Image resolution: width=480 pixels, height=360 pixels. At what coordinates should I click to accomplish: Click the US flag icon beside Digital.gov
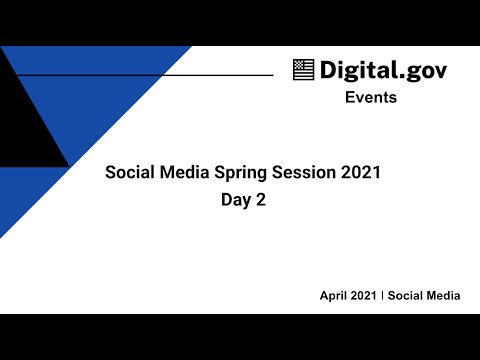coord(304,70)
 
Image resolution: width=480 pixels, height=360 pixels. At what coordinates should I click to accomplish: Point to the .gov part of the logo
coord(420,71)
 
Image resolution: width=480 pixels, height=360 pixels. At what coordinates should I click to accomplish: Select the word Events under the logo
coord(371,98)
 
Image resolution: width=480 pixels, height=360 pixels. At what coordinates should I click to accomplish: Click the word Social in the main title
coord(131,173)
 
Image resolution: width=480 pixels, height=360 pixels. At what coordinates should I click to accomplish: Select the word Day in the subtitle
coord(236,200)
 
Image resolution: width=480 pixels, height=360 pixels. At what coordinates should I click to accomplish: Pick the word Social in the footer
coord(406,297)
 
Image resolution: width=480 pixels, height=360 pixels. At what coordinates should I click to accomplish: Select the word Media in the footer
coord(443,297)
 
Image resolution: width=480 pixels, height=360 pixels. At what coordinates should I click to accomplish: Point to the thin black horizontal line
coord(150,75)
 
